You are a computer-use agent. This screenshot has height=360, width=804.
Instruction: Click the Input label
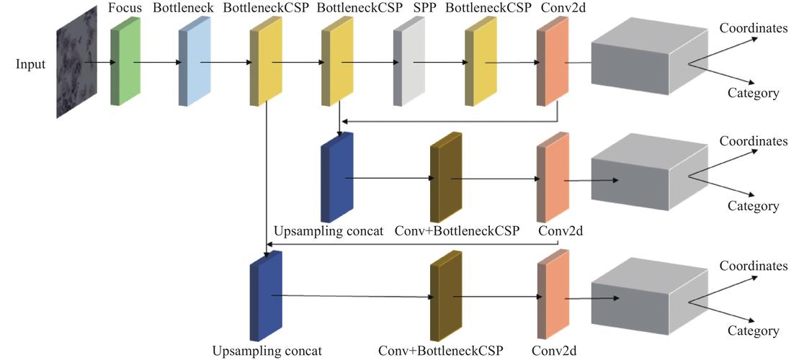click(x=31, y=64)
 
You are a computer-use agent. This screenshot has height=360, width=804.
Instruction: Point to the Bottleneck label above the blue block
click(x=180, y=9)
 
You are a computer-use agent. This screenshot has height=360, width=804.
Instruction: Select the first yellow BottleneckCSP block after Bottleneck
click(x=265, y=63)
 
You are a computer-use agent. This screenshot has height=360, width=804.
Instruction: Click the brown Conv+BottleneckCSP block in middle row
click(x=445, y=180)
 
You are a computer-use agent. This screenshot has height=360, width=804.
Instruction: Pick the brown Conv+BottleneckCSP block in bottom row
click(x=445, y=297)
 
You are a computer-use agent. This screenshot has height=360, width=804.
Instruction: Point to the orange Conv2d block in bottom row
click(x=553, y=297)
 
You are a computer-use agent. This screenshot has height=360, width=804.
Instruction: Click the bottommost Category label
click(x=753, y=331)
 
